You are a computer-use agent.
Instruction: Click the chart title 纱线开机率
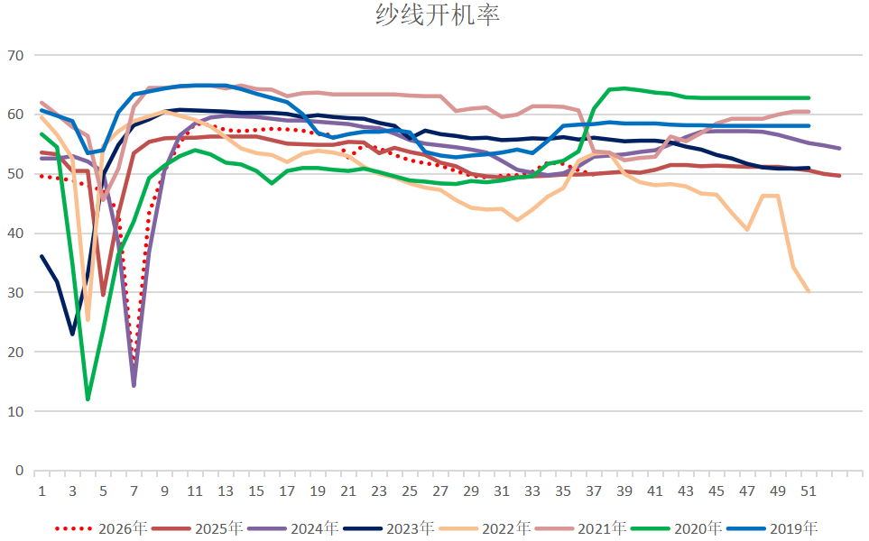point(438,14)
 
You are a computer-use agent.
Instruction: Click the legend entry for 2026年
point(101,528)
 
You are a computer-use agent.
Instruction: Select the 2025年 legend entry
point(198,528)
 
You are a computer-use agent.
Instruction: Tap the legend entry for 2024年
point(294,528)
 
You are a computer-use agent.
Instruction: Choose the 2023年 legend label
point(389,528)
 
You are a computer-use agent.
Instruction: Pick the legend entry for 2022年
point(485,528)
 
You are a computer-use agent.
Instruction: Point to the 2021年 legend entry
point(581,528)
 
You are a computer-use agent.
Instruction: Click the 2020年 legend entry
point(677,528)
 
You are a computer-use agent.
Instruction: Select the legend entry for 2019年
point(772,528)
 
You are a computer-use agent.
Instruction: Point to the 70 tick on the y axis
point(16,55)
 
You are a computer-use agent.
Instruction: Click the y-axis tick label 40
point(16,234)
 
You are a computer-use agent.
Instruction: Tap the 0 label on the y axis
point(20,470)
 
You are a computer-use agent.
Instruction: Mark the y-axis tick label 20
point(16,352)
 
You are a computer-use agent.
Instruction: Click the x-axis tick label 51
point(809,491)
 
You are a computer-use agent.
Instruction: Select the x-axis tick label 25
point(410,491)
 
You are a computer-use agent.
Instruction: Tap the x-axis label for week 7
point(134,491)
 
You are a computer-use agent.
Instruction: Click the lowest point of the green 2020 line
point(88,399)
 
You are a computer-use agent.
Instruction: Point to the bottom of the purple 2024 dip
point(134,385)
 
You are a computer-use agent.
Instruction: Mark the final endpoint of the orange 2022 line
point(809,291)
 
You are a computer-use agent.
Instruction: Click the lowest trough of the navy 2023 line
point(72,334)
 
